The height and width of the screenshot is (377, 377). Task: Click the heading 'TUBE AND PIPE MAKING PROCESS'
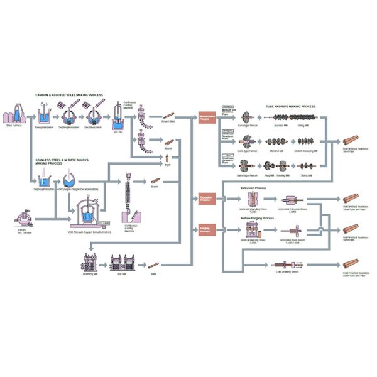pos(290,107)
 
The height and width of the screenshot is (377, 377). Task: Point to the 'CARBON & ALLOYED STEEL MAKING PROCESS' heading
pos(69,95)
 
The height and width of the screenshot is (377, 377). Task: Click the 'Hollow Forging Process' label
pos(257,218)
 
